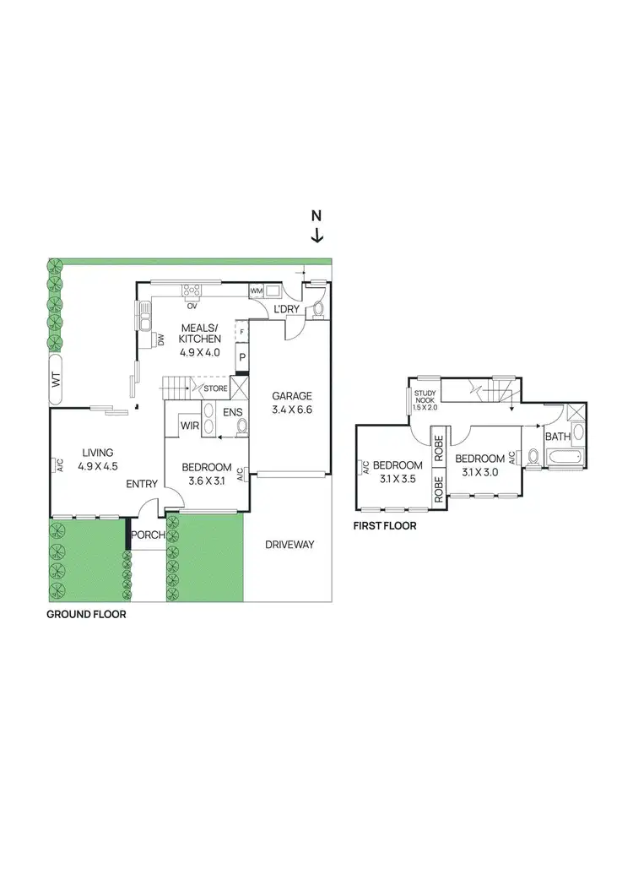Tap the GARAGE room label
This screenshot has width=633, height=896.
[291, 395]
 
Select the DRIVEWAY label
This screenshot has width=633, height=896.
[289, 545]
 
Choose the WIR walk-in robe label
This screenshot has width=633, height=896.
[190, 426]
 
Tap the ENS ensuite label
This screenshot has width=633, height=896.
[233, 413]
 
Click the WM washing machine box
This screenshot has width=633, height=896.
[257, 291]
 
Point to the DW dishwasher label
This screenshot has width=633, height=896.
[160, 339]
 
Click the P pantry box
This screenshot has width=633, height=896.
[242, 358]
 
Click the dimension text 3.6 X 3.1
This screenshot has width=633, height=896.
[207, 482]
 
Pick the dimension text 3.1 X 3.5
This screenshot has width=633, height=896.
[397, 480]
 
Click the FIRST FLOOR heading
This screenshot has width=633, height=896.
[385, 525]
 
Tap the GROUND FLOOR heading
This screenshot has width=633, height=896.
[86, 615]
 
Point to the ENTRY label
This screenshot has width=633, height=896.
[142, 484]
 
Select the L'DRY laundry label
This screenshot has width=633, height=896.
[287, 310]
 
